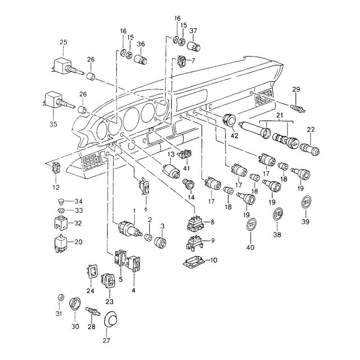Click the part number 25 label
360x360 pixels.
point(63,42)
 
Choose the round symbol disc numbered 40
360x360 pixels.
point(251,225)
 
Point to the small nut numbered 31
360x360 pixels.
point(61,298)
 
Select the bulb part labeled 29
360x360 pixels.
point(298,107)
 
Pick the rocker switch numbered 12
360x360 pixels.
point(56,168)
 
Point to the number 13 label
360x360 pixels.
point(170,154)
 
